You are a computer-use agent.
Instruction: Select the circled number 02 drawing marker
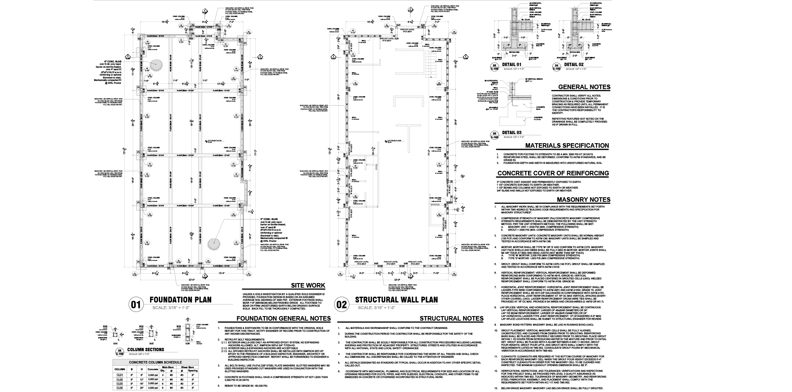pyautogui.click(x=342, y=305)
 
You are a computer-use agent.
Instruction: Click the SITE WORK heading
pyautogui.click(x=308, y=286)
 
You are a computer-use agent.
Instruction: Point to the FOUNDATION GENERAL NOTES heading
pyautogui.click(x=283, y=319)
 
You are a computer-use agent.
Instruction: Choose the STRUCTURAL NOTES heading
pyautogui.click(x=451, y=319)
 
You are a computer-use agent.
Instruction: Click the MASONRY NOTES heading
pyautogui.click(x=583, y=200)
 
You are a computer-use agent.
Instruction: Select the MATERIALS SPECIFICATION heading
pyautogui.click(x=567, y=146)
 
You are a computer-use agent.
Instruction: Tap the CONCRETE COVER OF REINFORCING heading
pyautogui.click(x=553, y=173)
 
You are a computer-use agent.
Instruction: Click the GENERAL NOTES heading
pyautogui.click(x=584, y=87)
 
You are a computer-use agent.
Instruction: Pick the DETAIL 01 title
pyautogui.click(x=512, y=65)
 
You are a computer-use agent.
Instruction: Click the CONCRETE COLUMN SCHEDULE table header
pyautogui.click(x=156, y=362)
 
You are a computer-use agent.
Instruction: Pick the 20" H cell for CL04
pyautogui.click(x=141, y=388)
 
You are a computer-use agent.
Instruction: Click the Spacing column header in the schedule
pyautogui.click(x=193, y=371)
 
